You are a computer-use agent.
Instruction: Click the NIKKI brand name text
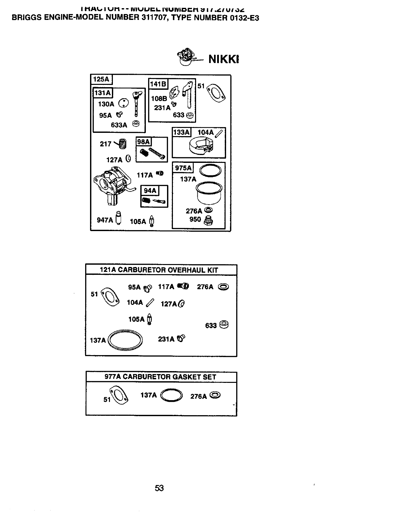coord(224,59)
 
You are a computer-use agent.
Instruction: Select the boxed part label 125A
coord(101,79)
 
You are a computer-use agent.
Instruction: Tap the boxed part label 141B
coord(158,84)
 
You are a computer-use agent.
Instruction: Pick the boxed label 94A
coord(150,190)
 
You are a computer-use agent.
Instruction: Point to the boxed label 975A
coord(183,168)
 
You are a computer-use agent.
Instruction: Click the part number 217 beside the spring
coord(105,144)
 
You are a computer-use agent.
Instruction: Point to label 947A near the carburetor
coord(105,220)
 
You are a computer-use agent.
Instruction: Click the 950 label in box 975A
coord(195,219)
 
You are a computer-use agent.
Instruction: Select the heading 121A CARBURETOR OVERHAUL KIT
coord(159,270)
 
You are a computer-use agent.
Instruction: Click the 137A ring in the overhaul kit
coord(125,341)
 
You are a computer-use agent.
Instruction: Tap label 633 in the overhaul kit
coord(211,325)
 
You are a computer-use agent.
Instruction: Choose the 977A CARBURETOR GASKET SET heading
coord(160,377)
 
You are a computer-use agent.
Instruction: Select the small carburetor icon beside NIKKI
coord(186,57)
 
